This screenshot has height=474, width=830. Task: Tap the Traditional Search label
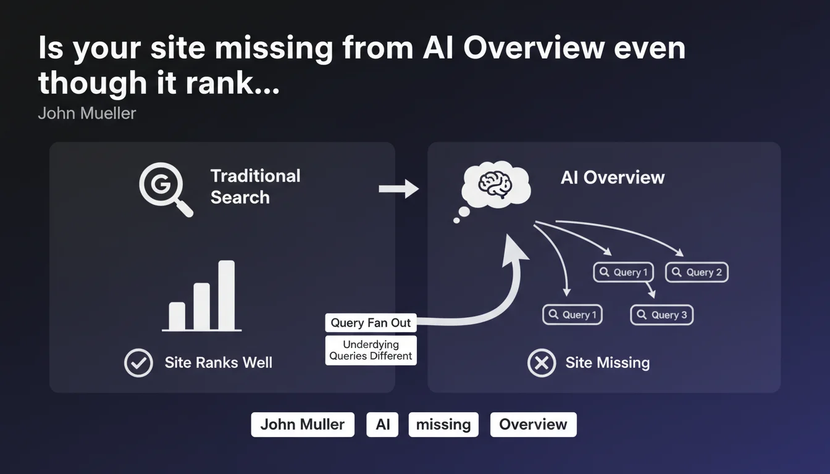click(255, 186)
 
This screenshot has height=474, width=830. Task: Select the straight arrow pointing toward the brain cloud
click(398, 188)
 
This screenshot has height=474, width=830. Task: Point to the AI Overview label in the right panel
click(612, 178)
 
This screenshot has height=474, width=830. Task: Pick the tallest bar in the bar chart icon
click(227, 295)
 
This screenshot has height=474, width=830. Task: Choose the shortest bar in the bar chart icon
click(177, 316)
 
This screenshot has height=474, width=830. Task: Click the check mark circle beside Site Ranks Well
click(138, 362)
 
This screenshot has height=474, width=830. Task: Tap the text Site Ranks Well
click(218, 362)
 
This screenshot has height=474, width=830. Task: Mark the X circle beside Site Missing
click(542, 362)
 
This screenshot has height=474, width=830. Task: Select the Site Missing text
click(607, 362)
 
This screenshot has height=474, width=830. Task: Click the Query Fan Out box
click(371, 323)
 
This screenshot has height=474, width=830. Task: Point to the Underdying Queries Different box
click(371, 350)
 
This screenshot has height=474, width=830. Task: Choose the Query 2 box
click(697, 272)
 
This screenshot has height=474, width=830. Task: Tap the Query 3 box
click(662, 315)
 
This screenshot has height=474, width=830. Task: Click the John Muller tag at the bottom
click(303, 425)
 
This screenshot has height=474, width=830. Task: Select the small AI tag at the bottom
click(382, 425)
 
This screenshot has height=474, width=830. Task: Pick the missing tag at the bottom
click(443, 425)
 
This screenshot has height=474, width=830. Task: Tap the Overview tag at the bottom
click(533, 425)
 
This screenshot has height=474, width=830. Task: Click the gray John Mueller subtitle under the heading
click(87, 114)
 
